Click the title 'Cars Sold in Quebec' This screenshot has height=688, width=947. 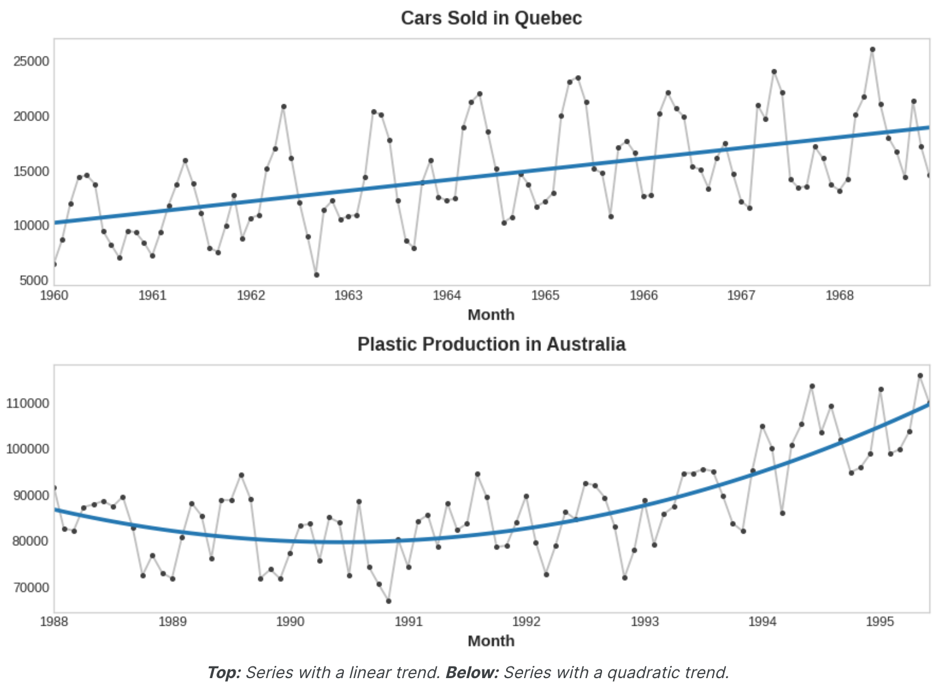[x=491, y=19]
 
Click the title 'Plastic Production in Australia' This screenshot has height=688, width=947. [x=491, y=345]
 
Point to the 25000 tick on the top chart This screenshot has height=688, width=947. [x=31, y=62]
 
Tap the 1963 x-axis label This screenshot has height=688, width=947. [x=348, y=296]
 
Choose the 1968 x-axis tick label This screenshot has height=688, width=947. [x=840, y=296]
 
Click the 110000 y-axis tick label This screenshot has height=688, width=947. [x=28, y=403]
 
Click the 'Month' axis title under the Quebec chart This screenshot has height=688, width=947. [x=491, y=315]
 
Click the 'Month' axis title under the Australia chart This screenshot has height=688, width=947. [x=491, y=641]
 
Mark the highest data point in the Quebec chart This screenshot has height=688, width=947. [x=872, y=50]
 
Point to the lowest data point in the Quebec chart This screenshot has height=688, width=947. [x=316, y=275]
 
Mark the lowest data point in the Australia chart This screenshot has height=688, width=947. [x=389, y=601]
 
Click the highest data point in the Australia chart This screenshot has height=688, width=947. [x=920, y=376]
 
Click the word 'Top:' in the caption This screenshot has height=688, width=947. [x=224, y=673]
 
